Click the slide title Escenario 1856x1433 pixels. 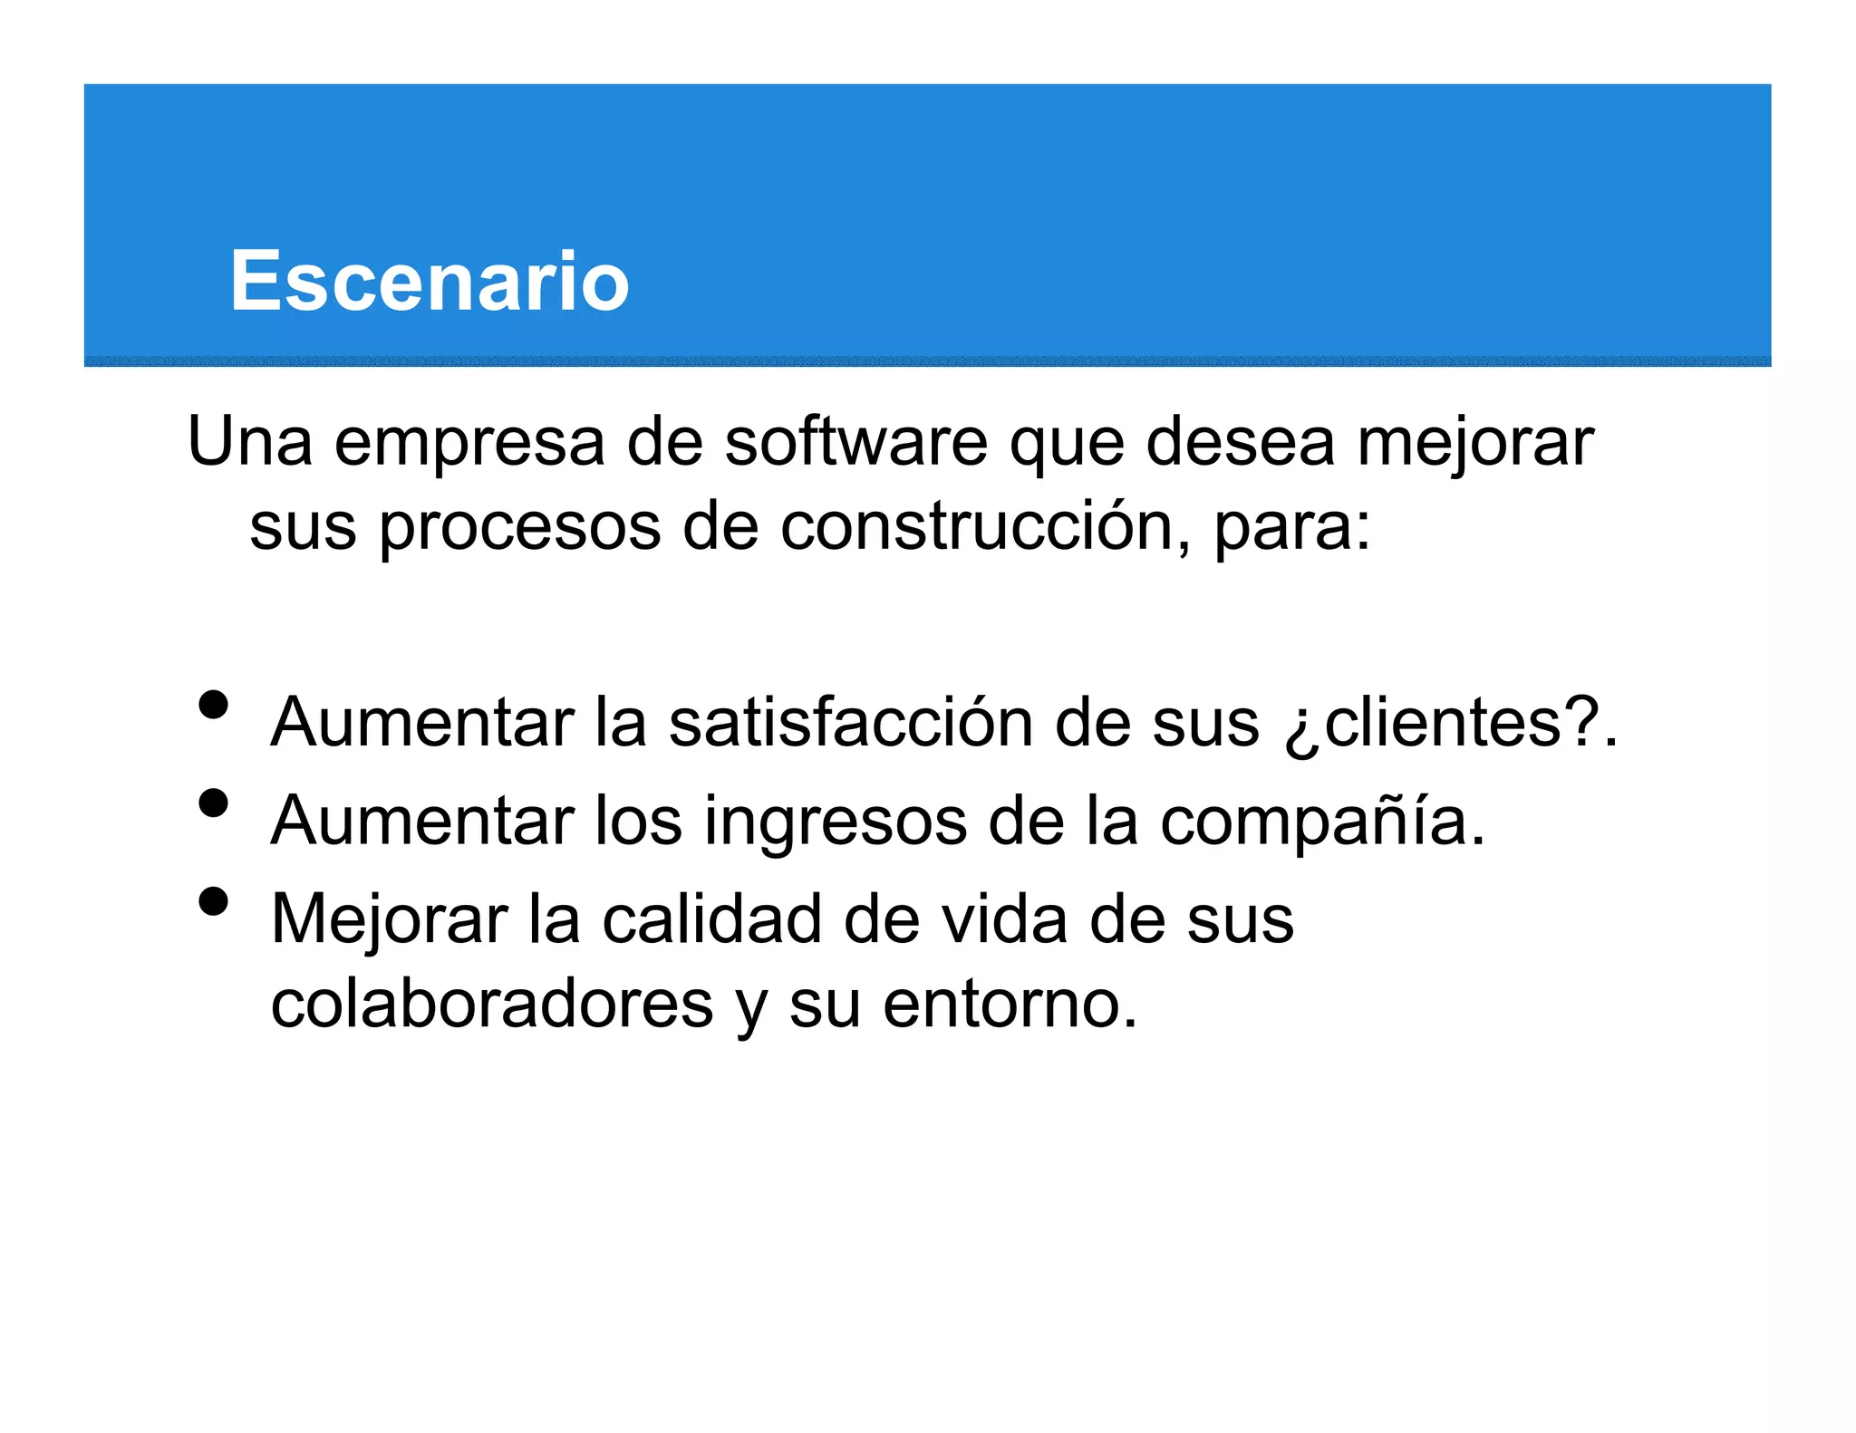tap(429, 282)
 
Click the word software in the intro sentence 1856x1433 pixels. tap(855, 442)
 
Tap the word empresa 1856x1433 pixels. tap(469, 444)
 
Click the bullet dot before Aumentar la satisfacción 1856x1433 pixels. tap(213, 705)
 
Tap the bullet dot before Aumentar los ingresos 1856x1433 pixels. tap(213, 803)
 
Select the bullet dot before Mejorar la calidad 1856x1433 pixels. tap(213, 901)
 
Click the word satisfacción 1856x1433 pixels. tap(851, 723)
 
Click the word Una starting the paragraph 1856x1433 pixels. tap(250, 442)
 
